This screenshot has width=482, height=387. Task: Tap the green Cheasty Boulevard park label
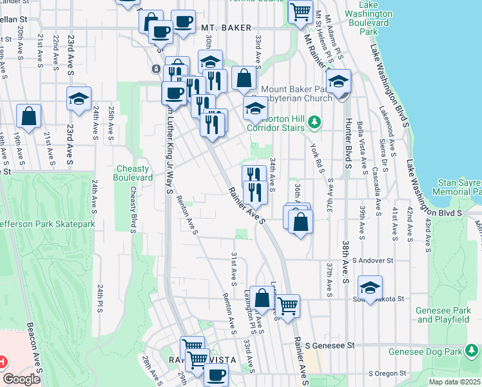tap(133, 173)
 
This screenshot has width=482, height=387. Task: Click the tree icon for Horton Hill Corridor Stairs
tap(314, 121)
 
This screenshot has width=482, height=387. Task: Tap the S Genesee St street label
tap(331, 346)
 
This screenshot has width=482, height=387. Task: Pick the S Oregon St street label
tap(389, 373)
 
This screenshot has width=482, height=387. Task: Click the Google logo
tap(22, 379)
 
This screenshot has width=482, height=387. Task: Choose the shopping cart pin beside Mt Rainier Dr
tap(300, 11)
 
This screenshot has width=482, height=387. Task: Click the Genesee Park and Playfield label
tap(442, 314)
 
